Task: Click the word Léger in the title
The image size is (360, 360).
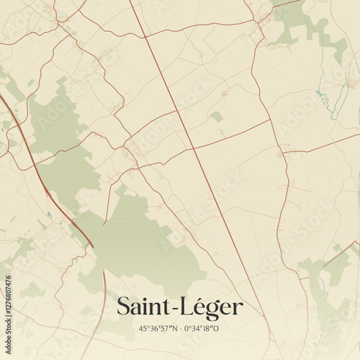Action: [210, 307]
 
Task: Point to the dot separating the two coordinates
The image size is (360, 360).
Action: [181, 329]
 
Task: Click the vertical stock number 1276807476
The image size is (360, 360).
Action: [8, 292]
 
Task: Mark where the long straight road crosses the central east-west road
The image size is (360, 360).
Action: [192, 148]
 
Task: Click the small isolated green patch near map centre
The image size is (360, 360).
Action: [216, 116]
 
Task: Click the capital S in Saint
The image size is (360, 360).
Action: [124, 307]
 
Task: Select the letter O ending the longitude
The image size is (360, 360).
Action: [216, 329]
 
